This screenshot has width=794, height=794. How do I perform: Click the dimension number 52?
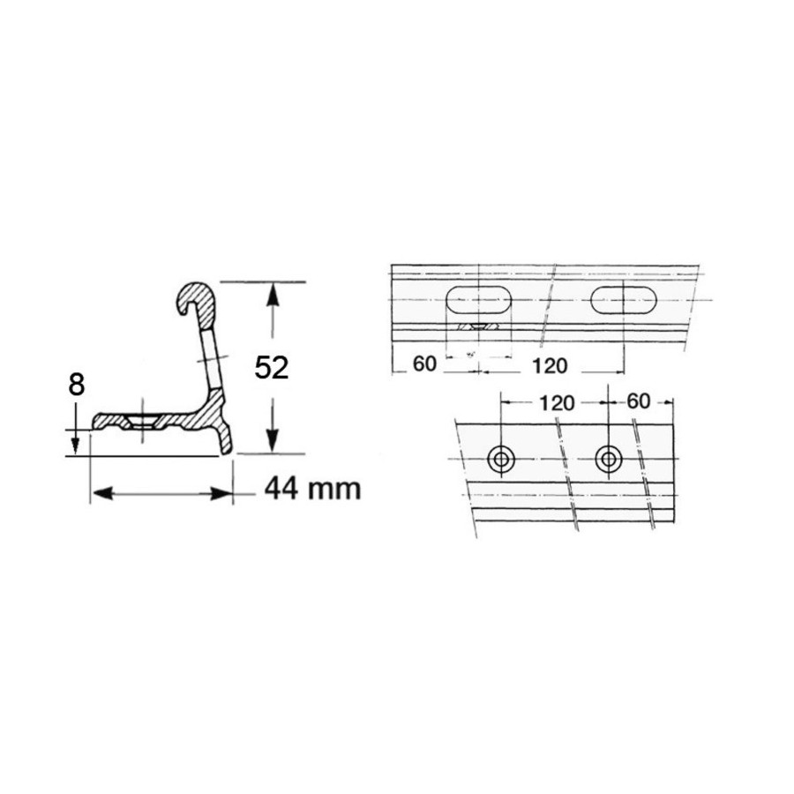tap(272, 368)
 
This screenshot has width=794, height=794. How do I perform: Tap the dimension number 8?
tap(76, 385)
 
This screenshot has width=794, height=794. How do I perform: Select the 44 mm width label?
tap(313, 489)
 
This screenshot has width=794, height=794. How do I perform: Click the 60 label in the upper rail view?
tap(424, 363)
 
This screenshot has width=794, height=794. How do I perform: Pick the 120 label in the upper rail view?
tap(550, 365)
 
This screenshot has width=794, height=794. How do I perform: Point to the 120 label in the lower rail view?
tap(557, 403)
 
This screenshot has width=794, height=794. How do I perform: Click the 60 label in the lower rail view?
tap(638, 401)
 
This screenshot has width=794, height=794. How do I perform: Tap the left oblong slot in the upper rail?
tap(478, 301)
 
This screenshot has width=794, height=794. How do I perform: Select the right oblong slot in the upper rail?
tap(624, 301)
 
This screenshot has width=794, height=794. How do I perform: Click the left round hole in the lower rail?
tap(501, 460)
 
